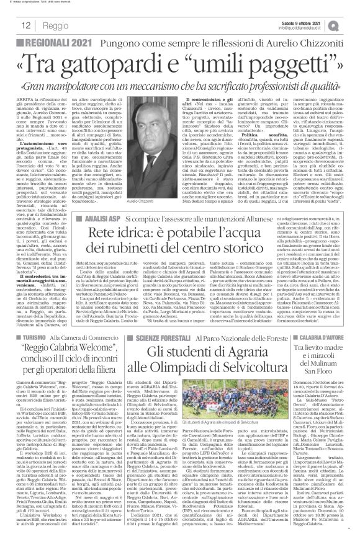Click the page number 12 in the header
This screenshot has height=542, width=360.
point(11,24)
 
